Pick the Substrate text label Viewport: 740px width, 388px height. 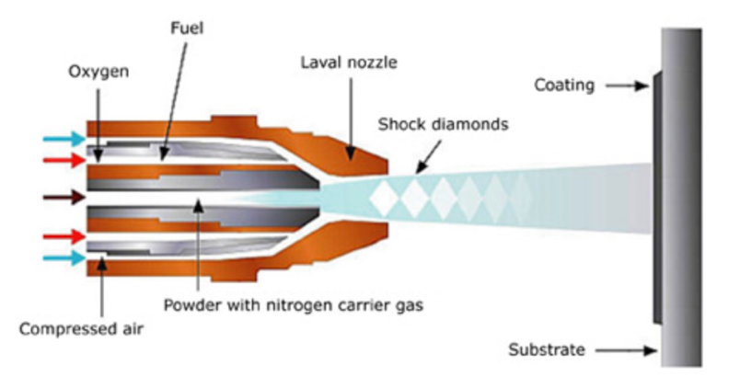[x=550, y=349]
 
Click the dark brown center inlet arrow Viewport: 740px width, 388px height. [x=63, y=197]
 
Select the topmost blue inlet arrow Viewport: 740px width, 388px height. [x=63, y=140]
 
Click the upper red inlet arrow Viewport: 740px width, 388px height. [x=63, y=160]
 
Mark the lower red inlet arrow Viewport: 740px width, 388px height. [x=63, y=238]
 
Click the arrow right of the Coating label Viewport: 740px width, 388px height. [x=626, y=86]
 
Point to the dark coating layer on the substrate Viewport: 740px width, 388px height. [x=655, y=197]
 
